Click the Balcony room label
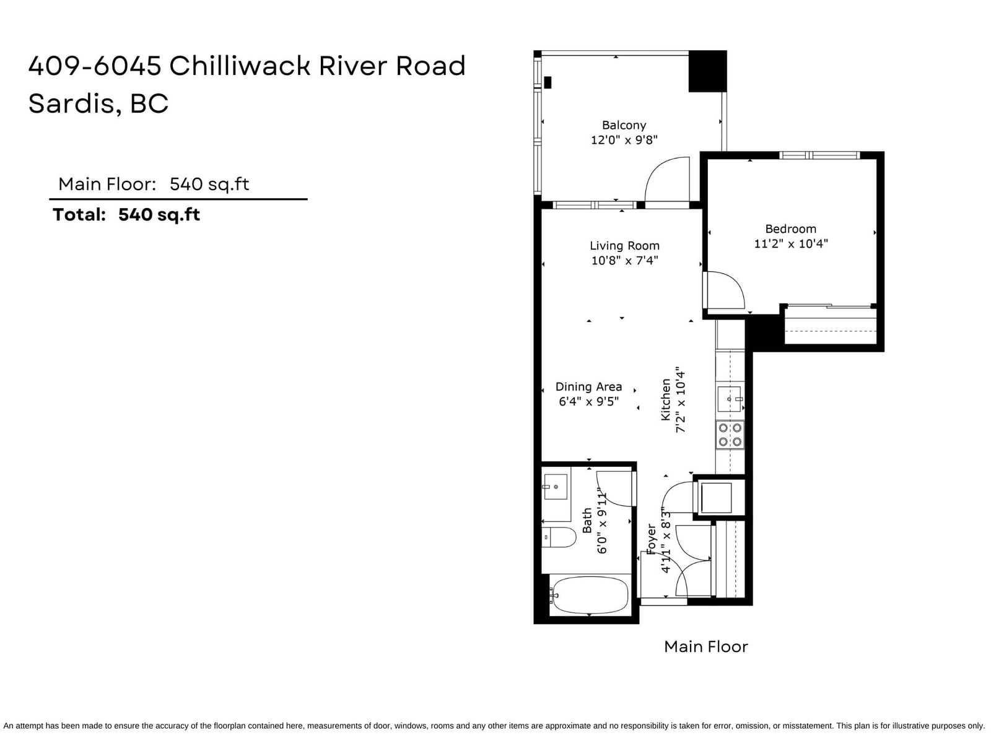(624, 126)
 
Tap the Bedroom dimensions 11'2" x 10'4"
(790, 244)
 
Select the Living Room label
(624, 246)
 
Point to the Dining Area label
(588, 386)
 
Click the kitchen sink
(729, 398)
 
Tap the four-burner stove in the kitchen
(730, 435)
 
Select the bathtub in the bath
(589, 596)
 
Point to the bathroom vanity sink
(556, 487)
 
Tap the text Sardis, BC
(98, 104)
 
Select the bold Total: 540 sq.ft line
(126, 215)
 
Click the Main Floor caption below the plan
(705, 647)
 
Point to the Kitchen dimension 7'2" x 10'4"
(680, 400)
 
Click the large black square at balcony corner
(707, 71)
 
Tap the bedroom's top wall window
(819, 155)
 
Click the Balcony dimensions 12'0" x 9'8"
(624, 140)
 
